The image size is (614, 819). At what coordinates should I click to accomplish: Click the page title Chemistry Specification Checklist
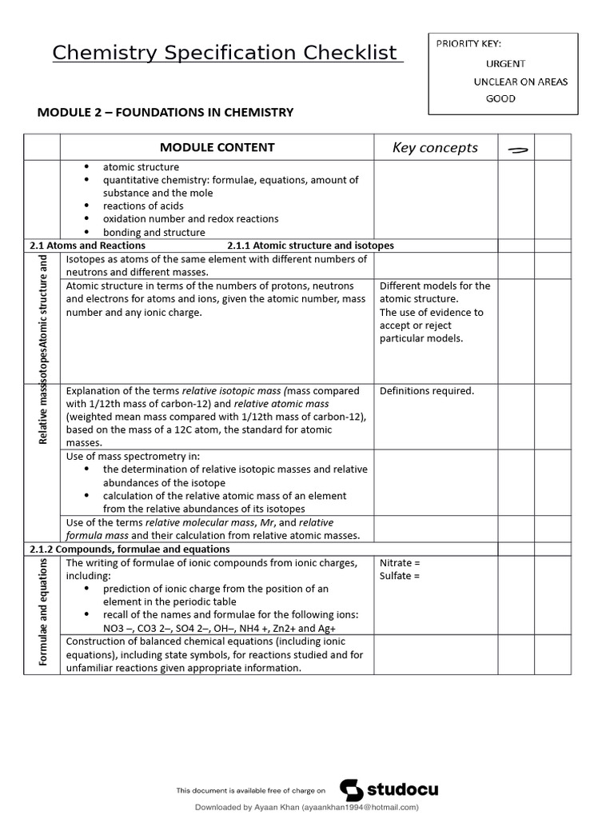[x=225, y=54]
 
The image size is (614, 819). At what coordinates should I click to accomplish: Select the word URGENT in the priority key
[x=505, y=63]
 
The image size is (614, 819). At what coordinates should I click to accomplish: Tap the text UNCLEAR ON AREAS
[x=520, y=82]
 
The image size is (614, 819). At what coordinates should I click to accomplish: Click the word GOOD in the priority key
[x=500, y=99]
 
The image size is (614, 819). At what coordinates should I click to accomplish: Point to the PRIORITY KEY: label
[x=468, y=44]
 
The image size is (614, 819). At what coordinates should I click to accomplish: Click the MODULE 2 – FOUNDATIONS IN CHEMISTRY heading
[x=165, y=113]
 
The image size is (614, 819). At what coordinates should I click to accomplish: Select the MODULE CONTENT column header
[x=217, y=147]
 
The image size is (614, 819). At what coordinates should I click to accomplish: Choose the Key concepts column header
[x=435, y=147]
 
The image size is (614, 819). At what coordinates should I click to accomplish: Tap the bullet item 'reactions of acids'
[x=143, y=206]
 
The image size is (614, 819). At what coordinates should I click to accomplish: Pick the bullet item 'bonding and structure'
[x=153, y=232]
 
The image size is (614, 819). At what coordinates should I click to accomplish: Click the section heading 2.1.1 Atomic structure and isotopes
[x=310, y=246]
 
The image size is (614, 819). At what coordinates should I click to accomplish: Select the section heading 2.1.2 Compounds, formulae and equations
[x=130, y=549]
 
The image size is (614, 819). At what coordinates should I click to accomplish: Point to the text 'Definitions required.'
[x=427, y=391]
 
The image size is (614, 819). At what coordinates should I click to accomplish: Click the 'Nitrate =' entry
[x=400, y=563]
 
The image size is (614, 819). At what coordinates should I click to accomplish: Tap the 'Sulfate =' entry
[x=400, y=576]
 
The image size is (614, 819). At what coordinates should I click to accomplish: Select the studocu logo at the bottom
[x=389, y=790]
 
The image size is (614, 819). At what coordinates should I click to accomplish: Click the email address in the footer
[x=360, y=808]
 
